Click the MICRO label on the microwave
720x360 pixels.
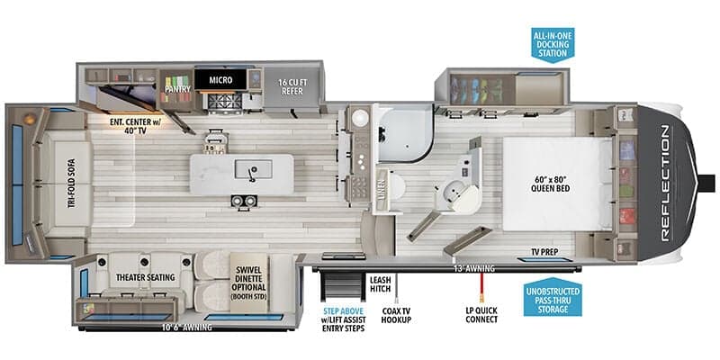[x=221, y=80]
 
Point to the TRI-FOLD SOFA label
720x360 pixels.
[x=70, y=184]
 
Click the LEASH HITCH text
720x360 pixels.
[x=379, y=284]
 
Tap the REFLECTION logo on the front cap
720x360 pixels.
[x=665, y=184]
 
